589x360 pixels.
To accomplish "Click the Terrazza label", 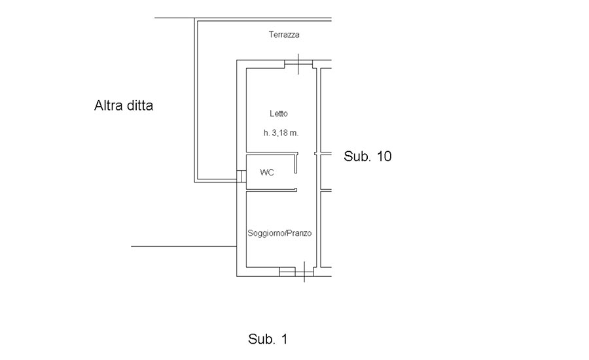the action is (x=284, y=35).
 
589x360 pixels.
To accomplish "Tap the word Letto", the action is (x=279, y=113).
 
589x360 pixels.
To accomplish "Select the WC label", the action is (x=267, y=173).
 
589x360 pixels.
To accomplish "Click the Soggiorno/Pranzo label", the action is (x=279, y=233).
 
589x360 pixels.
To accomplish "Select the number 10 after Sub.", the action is (x=384, y=156).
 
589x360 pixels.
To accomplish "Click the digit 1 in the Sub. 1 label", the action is (x=284, y=339).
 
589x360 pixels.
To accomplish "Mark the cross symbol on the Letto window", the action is (x=298, y=64).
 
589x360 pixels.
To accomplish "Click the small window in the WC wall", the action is (x=241, y=176).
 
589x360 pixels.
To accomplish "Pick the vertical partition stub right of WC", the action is (x=296, y=163).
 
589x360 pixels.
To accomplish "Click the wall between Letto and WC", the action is (x=271, y=153).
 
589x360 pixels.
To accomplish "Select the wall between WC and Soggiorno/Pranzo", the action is (x=271, y=190).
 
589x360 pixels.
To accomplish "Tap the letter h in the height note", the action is (x=266, y=133).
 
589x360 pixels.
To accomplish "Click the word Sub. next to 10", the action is (x=357, y=156).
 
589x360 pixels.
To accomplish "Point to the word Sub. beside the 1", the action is (x=262, y=339).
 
